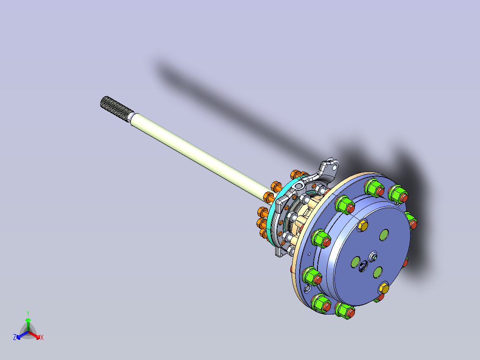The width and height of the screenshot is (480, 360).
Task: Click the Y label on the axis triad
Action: [x=28, y=313]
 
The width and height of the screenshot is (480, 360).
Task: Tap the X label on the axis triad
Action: [x=42, y=337]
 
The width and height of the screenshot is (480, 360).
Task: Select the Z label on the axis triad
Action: [x=15, y=337]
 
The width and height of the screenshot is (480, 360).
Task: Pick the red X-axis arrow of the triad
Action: [x=34, y=335]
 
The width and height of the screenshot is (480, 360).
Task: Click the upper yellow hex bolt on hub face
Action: [x=363, y=225]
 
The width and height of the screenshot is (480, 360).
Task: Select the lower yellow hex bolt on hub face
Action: [x=383, y=288]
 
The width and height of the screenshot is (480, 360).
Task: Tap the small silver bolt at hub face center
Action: [x=373, y=257]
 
